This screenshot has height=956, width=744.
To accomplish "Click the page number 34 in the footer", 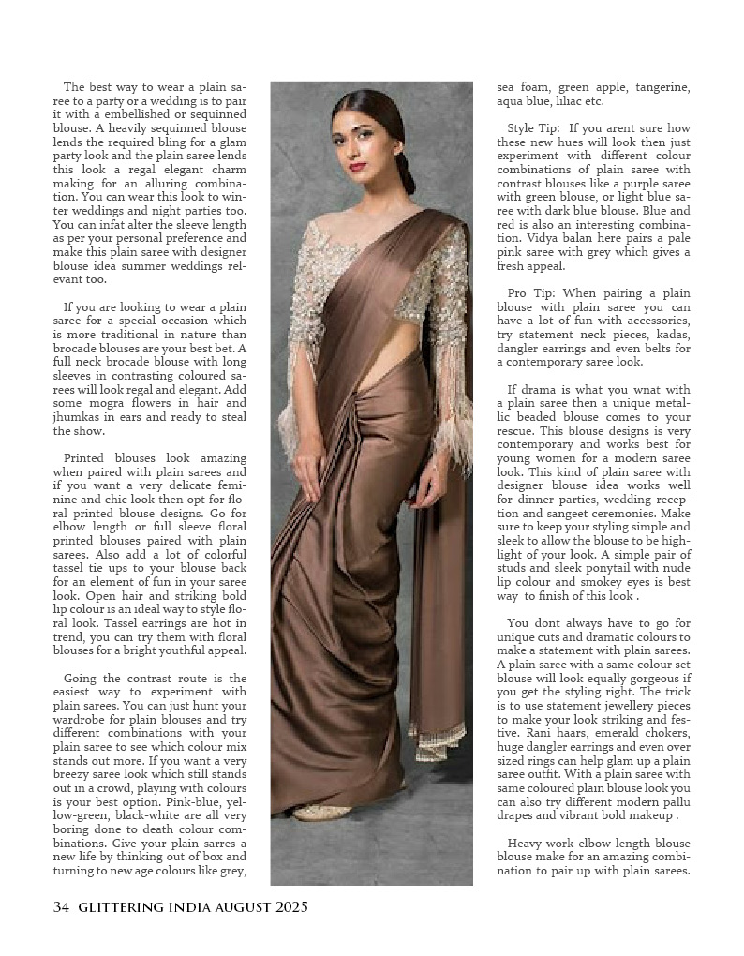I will click(x=61, y=906).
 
